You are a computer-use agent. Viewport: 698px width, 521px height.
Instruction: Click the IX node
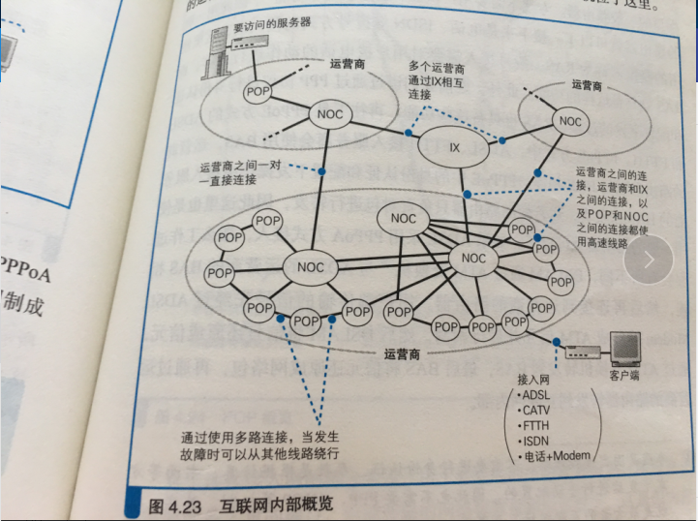455,147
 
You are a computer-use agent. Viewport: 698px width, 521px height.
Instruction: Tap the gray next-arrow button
649,259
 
